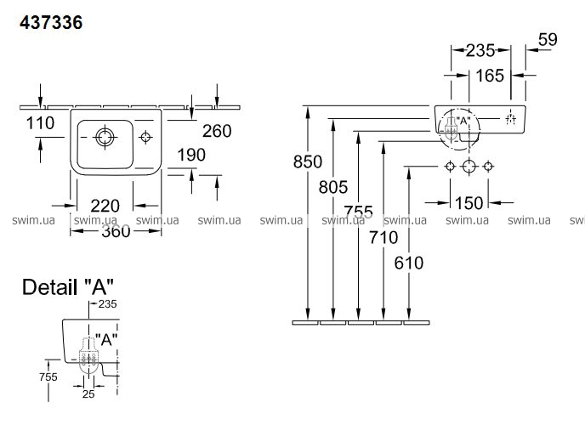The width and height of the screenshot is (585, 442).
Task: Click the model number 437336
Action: tap(50, 24)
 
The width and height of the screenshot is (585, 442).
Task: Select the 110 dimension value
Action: tap(40, 123)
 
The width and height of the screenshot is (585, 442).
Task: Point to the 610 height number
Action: tap(409, 263)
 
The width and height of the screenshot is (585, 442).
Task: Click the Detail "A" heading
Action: tap(68, 287)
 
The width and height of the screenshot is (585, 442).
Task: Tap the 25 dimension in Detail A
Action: tap(88, 394)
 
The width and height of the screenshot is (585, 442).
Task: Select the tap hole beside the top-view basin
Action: tap(145, 136)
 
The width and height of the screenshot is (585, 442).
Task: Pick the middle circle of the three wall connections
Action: tap(467, 166)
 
